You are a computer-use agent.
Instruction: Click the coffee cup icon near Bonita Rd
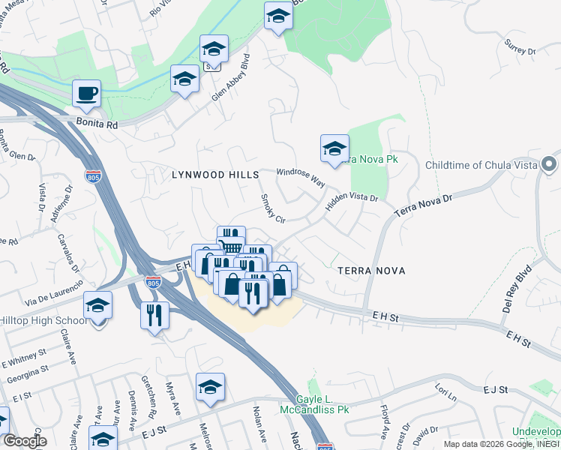coord(86,94)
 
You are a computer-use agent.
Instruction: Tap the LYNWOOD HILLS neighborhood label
coord(208,174)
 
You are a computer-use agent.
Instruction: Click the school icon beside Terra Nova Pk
coord(334,148)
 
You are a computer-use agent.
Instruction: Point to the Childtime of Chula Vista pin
coord(549,163)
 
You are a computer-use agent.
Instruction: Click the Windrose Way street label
coord(300,177)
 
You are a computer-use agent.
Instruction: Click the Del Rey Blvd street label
coord(517,289)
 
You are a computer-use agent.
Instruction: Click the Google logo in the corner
coord(25,440)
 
